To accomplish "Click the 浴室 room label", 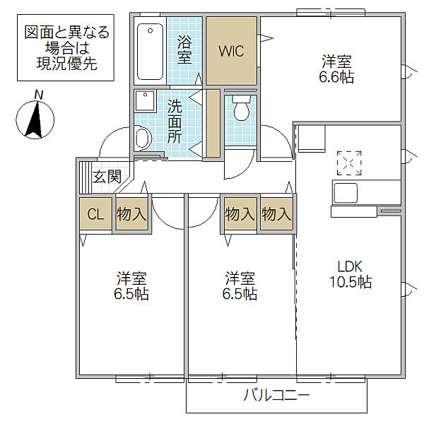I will [184, 49].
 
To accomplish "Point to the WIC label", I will [230, 52].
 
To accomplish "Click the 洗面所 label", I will [175, 121].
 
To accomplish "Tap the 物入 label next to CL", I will [131, 215].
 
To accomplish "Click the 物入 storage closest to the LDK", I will [276, 214].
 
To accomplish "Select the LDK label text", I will [349, 266].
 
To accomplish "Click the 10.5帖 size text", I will [349, 282].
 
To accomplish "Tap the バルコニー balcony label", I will [277, 396].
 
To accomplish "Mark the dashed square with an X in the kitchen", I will [348, 163].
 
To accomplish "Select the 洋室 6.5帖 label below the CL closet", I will [132, 285].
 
